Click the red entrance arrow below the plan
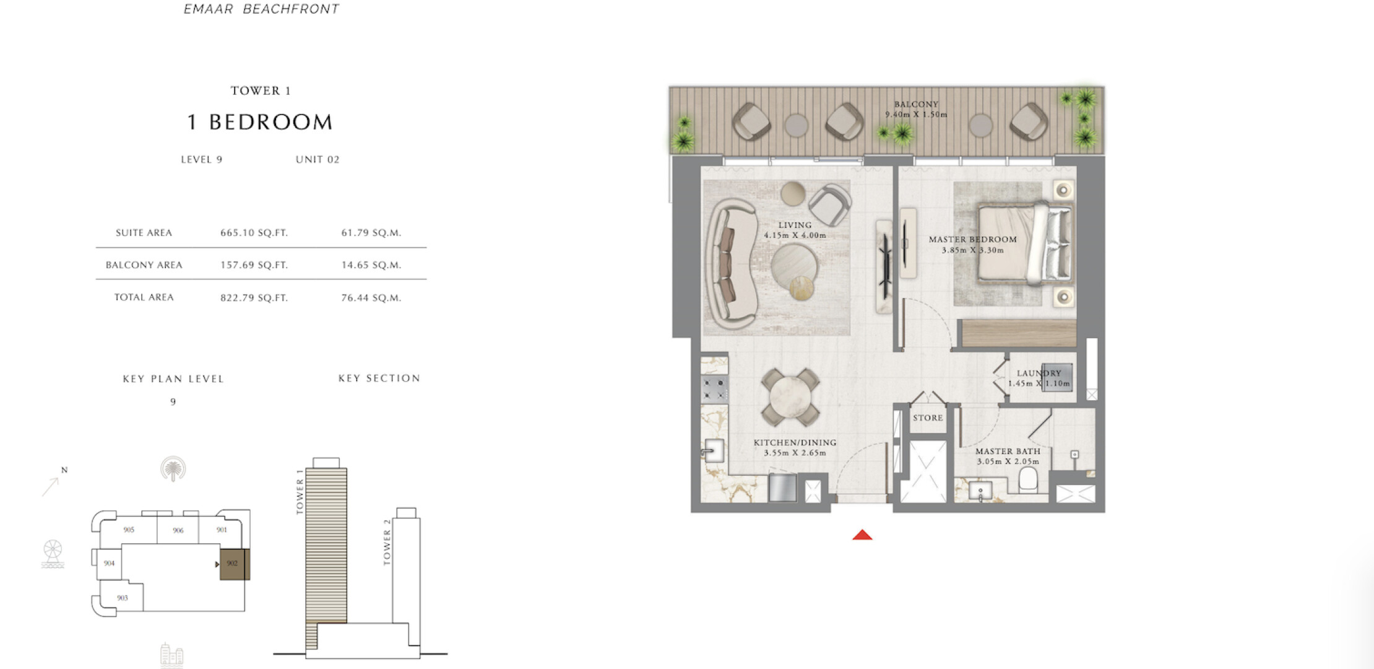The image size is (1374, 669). pyautogui.click(x=862, y=535)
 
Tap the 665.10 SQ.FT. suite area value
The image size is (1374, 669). pyautogui.click(x=254, y=233)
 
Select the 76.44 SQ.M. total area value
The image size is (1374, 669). pyautogui.click(x=371, y=298)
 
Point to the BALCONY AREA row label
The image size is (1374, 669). pyautogui.click(x=144, y=265)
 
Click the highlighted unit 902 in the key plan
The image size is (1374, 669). pyautogui.click(x=235, y=564)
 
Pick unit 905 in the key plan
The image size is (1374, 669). pyautogui.click(x=129, y=530)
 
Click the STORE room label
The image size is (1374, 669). pyautogui.click(x=928, y=418)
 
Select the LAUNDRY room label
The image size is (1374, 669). pyautogui.click(x=1039, y=373)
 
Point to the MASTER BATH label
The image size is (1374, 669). pyautogui.click(x=1008, y=452)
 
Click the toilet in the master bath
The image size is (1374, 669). pyautogui.click(x=1028, y=480)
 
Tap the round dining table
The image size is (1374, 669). pyautogui.click(x=790, y=397)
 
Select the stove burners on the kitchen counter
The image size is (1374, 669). pyautogui.click(x=714, y=389)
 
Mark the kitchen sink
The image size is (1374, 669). pyautogui.click(x=714, y=451)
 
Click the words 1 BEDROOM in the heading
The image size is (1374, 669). pyautogui.click(x=260, y=122)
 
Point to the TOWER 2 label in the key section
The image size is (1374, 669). pyautogui.click(x=387, y=542)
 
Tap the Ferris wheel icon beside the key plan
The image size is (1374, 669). pyautogui.click(x=53, y=554)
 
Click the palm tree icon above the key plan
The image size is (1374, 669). pyautogui.click(x=173, y=469)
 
